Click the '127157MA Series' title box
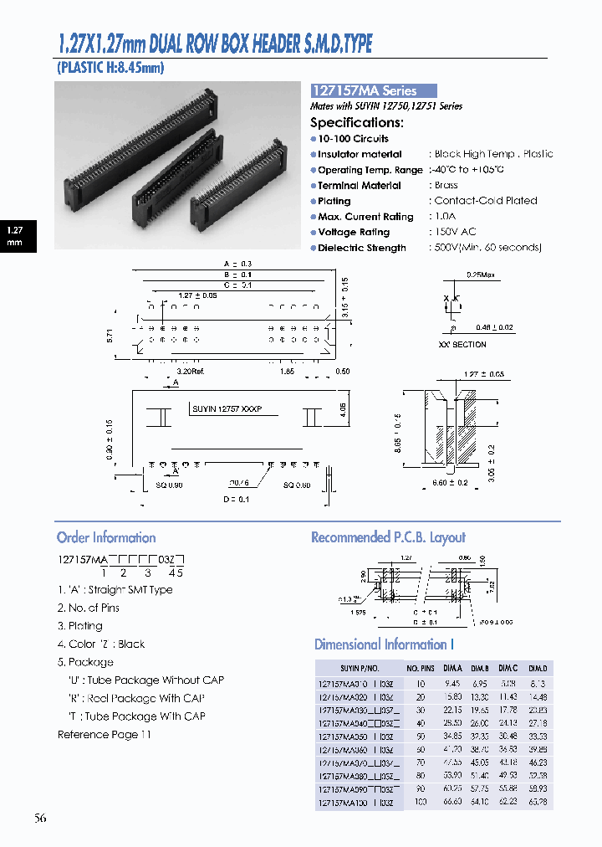pos(374,91)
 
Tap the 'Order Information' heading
pos(106,537)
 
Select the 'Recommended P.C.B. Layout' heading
pos(388,537)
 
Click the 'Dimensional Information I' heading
pos(384,644)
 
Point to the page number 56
pos(41,818)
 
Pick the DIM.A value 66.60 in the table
pos(452,803)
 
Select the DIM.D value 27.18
pos(539,721)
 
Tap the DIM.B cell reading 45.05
pos(479,762)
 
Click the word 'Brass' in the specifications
pos(446,185)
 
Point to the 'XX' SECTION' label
pos(462,344)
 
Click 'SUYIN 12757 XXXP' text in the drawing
pos(227,409)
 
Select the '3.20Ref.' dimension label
pos(191,370)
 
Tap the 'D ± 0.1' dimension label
pos(237,500)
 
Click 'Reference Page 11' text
pos(105,734)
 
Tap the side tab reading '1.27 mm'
pos(15,235)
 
